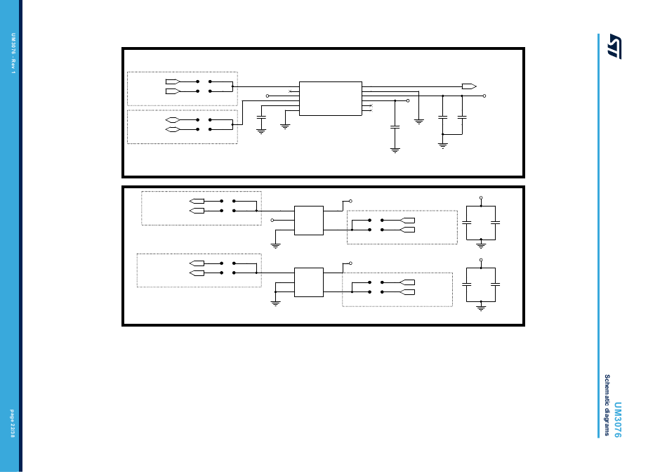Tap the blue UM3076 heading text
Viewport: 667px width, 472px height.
point(618,420)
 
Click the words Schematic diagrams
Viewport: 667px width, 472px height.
point(608,405)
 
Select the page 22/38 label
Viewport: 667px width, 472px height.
point(13,424)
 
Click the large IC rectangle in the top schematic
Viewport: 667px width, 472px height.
point(330,98)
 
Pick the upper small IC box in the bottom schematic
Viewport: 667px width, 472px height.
point(309,220)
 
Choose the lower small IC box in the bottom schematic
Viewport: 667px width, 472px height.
point(309,282)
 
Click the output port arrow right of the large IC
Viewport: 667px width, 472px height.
point(468,86)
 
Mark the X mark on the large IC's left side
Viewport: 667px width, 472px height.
point(290,91)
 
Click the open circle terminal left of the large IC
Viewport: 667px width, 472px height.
point(268,96)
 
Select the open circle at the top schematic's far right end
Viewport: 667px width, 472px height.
point(484,96)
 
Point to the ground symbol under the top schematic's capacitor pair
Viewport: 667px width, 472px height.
point(442,145)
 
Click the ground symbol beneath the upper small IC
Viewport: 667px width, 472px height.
point(275,246)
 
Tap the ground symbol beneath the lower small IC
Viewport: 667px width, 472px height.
point(275,303)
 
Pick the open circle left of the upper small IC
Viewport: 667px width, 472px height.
point(272,221)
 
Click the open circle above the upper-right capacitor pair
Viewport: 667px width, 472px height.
point(481,198)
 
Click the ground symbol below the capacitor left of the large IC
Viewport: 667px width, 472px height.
point(261,131)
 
